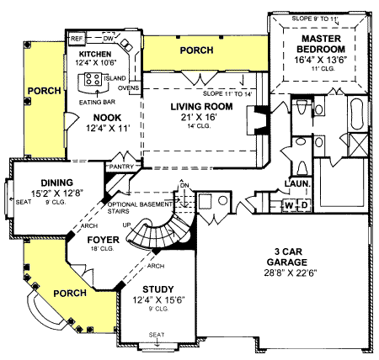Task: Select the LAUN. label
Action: point(299,183)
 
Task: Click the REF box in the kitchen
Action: point(77,39)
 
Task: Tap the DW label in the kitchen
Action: point(108,39)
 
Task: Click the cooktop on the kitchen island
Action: point(90,80)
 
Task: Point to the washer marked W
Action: point(289,204)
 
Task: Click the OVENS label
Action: point(129,87)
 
